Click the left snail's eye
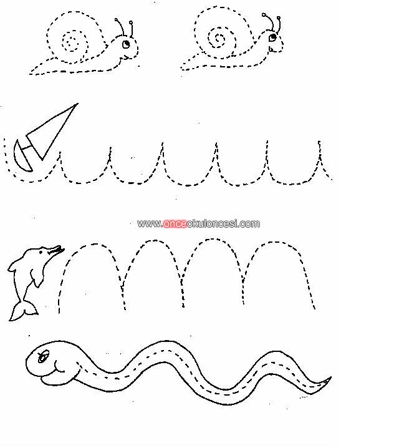126,44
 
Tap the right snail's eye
273,37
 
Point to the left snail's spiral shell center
69,43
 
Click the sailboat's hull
21,157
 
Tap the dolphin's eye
41,252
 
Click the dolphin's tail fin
24,311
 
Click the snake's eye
43,356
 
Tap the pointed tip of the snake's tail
331,377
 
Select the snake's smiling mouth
59,367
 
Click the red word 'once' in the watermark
175,223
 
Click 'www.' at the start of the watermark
150,224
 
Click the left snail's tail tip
30,74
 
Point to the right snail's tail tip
181,69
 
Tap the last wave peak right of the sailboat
319,142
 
